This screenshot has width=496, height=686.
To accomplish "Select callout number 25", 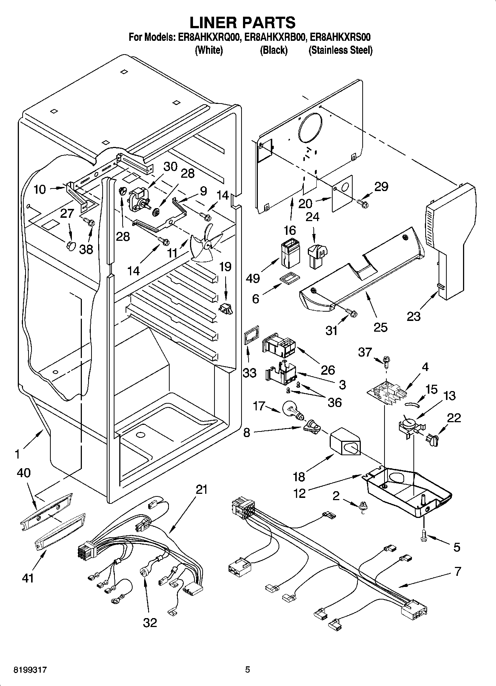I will [x=380, y=327].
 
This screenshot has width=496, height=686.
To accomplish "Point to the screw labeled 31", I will [x=352, y=314].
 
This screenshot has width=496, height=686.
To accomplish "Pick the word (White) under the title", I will [x=209, y=50].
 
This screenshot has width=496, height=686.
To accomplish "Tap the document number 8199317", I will [x=30, y=670].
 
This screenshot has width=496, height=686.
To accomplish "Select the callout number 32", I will [x=150, y=622].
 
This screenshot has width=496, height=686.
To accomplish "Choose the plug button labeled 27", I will [x=70, y=245].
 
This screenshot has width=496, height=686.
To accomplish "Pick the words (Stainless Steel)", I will [x=340, y=50].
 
